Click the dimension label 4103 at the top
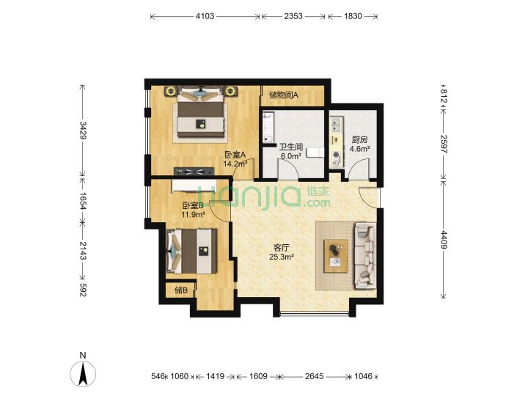(x=205, y=16)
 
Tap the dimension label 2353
(x=293, y=16)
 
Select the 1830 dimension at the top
(x=353, y=16)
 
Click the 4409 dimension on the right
(x=443, y=239)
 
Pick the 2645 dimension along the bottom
(x=314, y=376)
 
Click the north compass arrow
(x=83, y=373)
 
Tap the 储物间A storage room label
(x=284, y=95)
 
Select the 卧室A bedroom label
(x=235, y=155)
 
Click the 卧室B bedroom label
(x=194, y=205)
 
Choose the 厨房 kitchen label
(x=359, y=140)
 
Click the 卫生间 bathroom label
(x=291, y=147)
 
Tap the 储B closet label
(x=181, y=290)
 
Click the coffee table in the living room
(x=336, y=256)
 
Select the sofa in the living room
(x=364, y=255)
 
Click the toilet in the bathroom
(x=315, y=153)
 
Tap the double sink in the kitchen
(x=337, y=125)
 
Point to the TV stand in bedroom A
(x=194, y=172)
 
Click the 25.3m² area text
(x=282, y=257)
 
